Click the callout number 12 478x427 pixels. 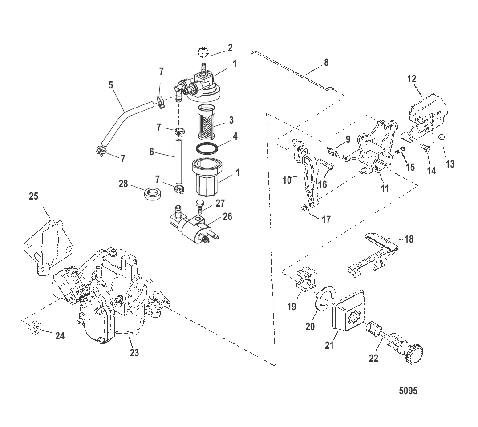(412, 79)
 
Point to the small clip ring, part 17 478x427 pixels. (304, 208)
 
